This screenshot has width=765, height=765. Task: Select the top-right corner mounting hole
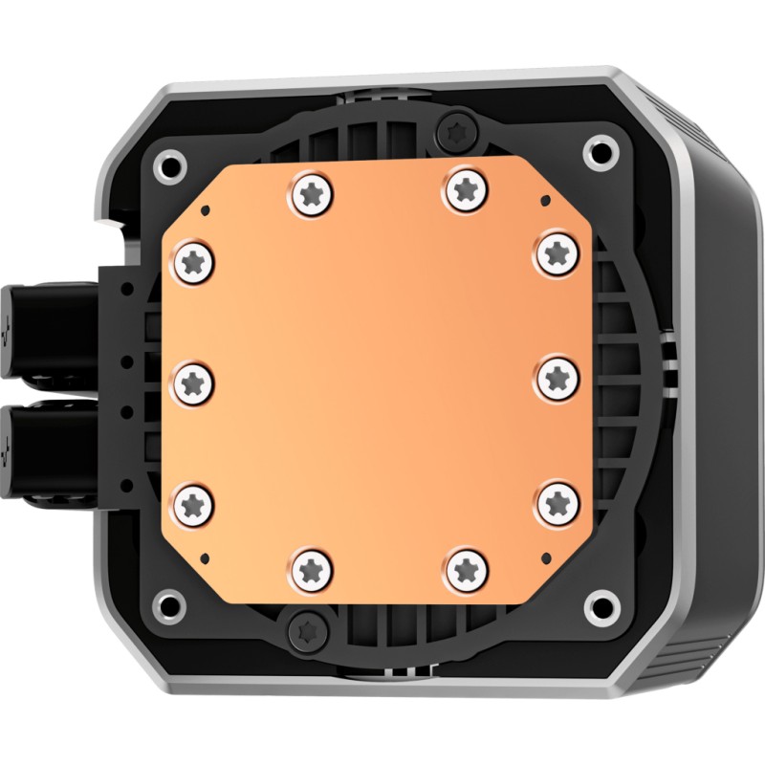tap(601, 149)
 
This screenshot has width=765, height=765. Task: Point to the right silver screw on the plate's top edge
tap(466, 187)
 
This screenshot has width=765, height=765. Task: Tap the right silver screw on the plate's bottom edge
tap(466, 567)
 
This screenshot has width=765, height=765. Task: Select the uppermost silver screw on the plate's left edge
tap(194, 258)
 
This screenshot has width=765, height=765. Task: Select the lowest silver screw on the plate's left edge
tap(194, 501)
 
